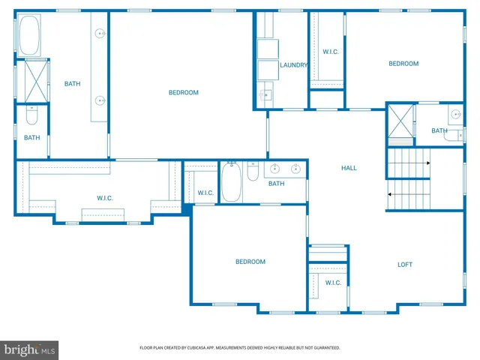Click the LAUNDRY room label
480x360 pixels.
(293, 65)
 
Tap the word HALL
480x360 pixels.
(349, 168)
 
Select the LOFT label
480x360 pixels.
(404, 265)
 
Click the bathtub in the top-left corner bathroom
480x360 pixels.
(30, 36)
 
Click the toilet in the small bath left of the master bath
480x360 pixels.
(31, 116)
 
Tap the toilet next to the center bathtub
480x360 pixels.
(253, 173)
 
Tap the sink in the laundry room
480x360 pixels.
(265, 95)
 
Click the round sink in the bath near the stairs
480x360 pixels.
(455, 115)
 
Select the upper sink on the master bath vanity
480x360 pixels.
(99, 34)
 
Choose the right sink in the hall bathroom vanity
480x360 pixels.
(296, 169)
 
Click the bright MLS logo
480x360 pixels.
(30, 349)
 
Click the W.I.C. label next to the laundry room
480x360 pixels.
(331, 52)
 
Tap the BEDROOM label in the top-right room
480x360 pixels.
(403, 64)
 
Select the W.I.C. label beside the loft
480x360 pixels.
(333, 283)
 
